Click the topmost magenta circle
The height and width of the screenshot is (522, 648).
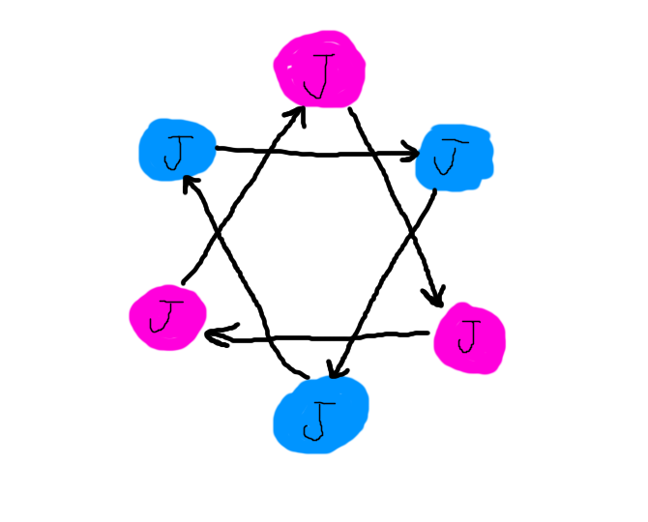coord(319,70)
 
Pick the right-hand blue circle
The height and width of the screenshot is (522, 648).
coord(455,158)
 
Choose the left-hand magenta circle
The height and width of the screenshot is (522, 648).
coord(167,316)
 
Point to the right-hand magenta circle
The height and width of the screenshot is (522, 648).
coord(470,337)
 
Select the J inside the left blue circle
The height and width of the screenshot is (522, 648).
coord(175,153)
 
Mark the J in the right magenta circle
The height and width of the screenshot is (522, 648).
coord(469,336)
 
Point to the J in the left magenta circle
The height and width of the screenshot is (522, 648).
coord(167,314)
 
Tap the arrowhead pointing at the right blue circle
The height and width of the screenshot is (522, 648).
coord(411,153)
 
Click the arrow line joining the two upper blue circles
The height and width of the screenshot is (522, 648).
coord(309,152)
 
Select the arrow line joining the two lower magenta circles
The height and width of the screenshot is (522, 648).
coord(319,337)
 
